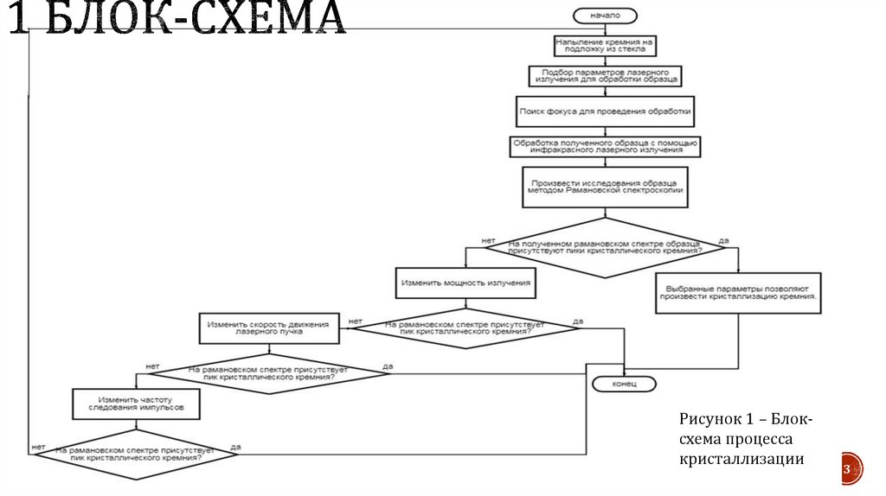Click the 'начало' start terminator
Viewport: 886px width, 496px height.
tap(604, 15)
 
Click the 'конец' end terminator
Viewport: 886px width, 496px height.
tap(623, 383)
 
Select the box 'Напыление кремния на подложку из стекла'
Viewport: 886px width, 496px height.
tap(604, 45)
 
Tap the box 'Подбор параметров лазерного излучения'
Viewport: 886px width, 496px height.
tap(604, 76)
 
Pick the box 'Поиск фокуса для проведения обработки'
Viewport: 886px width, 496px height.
tap(604, 111)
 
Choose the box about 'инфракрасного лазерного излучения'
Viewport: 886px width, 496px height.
tap(604, 146)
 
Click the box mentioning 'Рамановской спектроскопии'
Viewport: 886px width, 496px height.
tap(604, 188)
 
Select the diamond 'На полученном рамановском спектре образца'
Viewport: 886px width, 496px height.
tap(604, 248)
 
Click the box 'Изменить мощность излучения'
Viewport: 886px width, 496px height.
tap(465, 283)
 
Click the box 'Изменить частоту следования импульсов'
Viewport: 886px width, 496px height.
tap(136, 403)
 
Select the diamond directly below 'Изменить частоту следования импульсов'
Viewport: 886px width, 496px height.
tap(137, 453)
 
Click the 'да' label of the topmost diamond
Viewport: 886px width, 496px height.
tap(723, 239)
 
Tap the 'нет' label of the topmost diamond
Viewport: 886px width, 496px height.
tap(488, 239)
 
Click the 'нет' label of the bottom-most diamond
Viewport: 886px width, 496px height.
tap(39, 446)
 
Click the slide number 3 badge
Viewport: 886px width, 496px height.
tap(847, 467)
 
